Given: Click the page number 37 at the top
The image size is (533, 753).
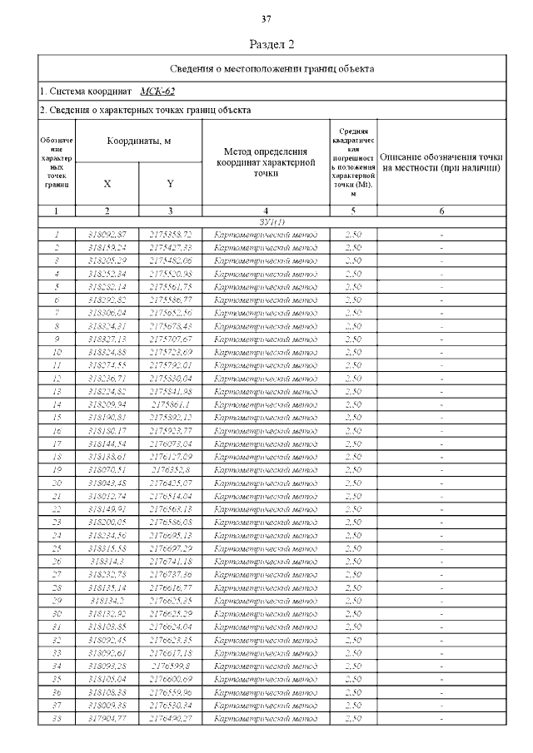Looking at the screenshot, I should click(x=266, y=19).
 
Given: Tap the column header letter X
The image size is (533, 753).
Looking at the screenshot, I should click(x=107, y=183).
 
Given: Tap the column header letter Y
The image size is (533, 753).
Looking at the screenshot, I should click(x=170, y=183).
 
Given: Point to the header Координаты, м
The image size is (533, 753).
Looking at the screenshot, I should click(x=138, y=141).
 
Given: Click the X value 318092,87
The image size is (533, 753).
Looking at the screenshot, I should click(x=107, y=235).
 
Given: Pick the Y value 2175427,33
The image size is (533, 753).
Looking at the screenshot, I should click(x=171, y=248).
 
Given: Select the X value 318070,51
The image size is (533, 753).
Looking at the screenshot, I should click(x=107, y=469).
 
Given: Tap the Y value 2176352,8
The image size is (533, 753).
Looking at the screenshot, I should click(x=171, y=469).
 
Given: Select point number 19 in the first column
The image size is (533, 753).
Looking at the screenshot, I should click(x=57, y=469).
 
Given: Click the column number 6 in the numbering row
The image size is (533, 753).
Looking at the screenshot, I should click(x=441, y=211).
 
